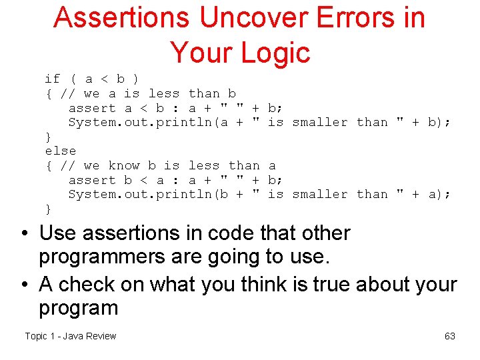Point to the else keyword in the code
click(61, 151)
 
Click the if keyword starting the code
click(53, 79)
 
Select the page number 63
click(449, 336)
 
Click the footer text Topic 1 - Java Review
click(70, 336)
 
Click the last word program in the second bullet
click(78, 307)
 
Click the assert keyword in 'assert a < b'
click(92, 108)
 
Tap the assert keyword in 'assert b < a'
click(92, 180)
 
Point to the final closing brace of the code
click(48, 209)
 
